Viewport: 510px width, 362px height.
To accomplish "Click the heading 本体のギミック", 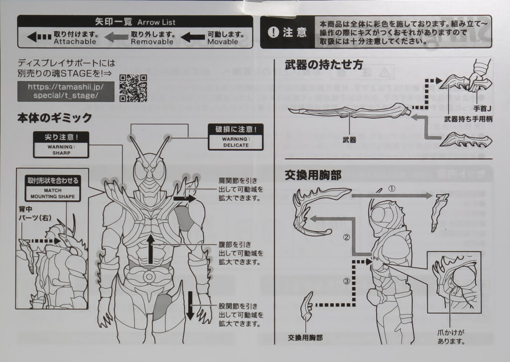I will (55, 118).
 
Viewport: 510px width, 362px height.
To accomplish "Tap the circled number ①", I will (391, 189).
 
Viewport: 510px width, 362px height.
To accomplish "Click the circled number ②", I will (346, 238).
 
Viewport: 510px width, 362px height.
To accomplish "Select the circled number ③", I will (347, 281).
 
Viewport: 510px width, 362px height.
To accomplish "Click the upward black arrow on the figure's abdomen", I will (151, 249).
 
